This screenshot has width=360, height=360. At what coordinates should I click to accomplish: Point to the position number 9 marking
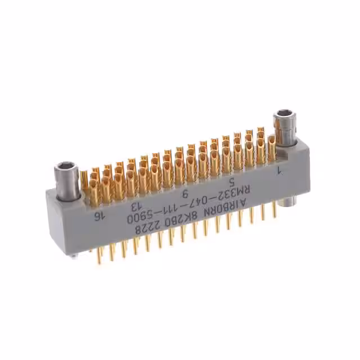pos(185,193)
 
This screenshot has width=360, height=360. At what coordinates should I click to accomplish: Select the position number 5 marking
pos(232,181)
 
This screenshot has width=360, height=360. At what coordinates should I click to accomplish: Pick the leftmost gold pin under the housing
pos(99,255)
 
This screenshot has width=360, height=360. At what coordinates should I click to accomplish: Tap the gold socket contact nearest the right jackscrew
pos(271,148)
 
